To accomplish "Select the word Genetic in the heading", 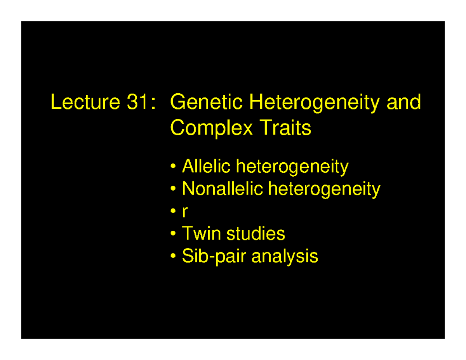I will [x=207, y=103].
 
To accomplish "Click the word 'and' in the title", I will [x=405, y=103].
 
